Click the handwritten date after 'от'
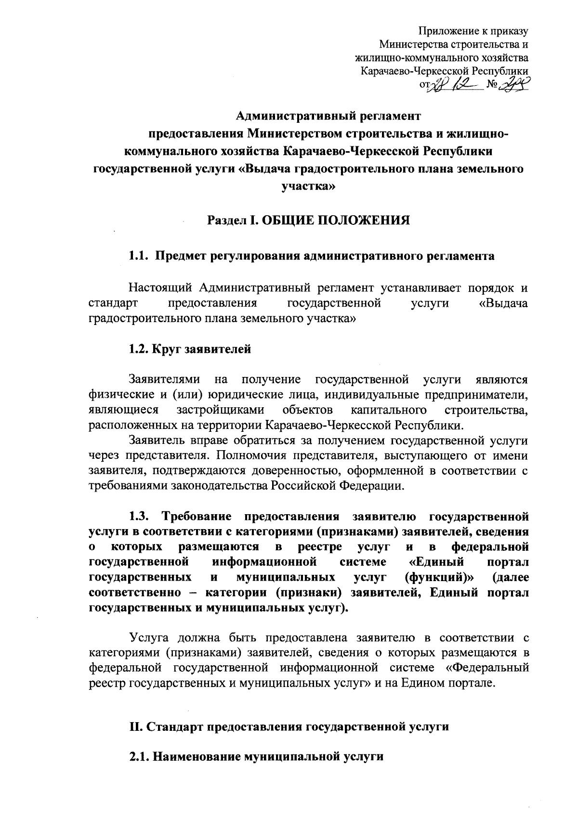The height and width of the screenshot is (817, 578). coord(455,85)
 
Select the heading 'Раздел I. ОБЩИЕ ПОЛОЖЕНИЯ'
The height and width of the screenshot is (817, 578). coord(309,220)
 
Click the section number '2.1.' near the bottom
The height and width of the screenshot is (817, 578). coord(140,756)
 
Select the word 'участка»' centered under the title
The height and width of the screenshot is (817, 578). coord(309,185)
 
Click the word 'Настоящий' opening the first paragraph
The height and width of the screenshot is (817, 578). coord(160,288)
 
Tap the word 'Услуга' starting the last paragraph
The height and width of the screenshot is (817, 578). coord(149,638)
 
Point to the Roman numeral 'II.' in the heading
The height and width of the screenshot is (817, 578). coord(134,726)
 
